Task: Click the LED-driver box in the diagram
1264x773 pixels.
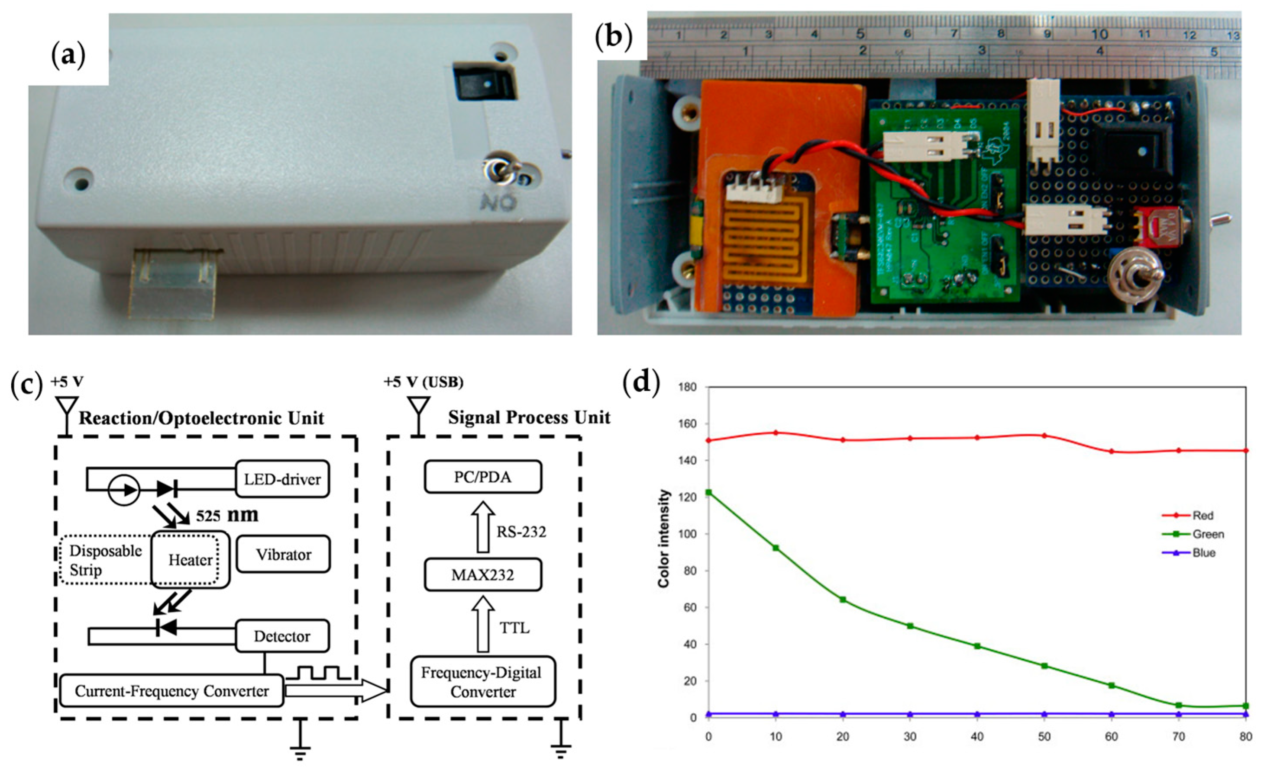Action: pyautogui.click(x=282, y=479)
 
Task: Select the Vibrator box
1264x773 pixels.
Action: pyautogui.click(x=283, y=555)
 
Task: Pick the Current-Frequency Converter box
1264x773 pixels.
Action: pyautogui.click(x=172, y=691)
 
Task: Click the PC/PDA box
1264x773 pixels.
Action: pyautogui.click(x=483, y=477)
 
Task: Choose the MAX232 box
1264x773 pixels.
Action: pyautogui.click(x=483, y=574)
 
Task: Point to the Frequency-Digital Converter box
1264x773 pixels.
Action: pyautogui.click(x=483, y=682)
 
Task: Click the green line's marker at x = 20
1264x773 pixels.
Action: pyautogui.click(x=843, y=600)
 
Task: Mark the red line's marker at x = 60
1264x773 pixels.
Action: pyautogui.click(x=1112, y=452)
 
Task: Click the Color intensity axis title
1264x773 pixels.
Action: pyautogui.click(x=664, y=539)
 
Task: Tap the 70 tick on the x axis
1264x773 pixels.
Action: pyautogui.click(x=1179, y=737)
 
